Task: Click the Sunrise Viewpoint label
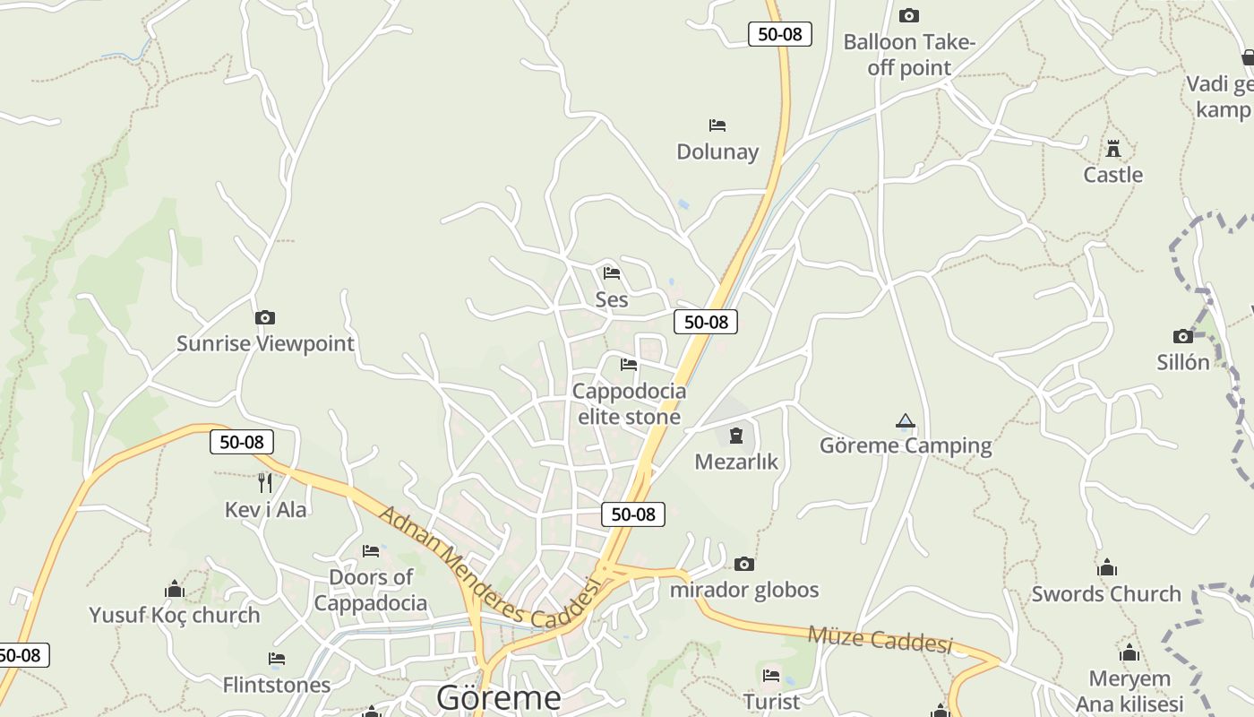(265, 343)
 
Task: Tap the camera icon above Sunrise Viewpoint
(264, 317)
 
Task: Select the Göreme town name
(499, 697)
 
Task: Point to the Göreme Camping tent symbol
(906, 420)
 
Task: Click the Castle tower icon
(1113, 148)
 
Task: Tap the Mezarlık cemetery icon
(736, 436)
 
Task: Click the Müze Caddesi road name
(880, 640)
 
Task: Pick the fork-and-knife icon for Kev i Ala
(264, 483)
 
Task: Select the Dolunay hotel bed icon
(717, 125)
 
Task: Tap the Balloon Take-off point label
(909, 55)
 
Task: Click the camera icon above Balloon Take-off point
(909, 15)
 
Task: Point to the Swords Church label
(1106, 593)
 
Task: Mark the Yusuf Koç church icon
(175, 589)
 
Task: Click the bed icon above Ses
(612, 272)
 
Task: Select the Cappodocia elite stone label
(629, 403)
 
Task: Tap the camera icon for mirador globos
(743, 564)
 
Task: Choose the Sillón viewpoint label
(1183, 362)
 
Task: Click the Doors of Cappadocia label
(371, 590)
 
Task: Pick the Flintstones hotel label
(277, 685)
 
